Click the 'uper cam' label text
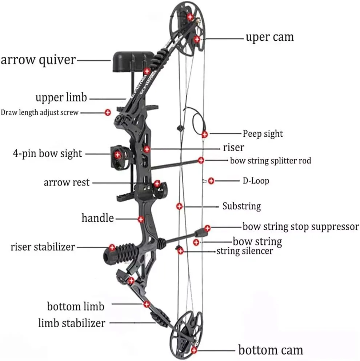pos(269,37)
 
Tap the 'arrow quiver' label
pos(38,60)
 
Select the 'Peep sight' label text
pos(263,134)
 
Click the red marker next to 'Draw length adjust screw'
pos(108,113)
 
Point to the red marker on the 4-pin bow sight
pos(117,155)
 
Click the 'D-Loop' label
pos(256,180)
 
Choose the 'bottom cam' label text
pos(271,350)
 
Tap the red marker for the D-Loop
pos(211,180)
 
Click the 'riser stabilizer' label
pos(43,247)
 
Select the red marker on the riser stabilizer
pos(112,248)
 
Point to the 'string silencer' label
pos(244,251)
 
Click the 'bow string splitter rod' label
pos(271,160)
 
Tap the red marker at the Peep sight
pos(205,135)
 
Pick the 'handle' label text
pos(97,218)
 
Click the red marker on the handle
pos(141,219)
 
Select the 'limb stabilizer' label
pos(72,322)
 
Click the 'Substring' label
pos(241,206)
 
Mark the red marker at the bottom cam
pos(194,350)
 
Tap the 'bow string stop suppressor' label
pos(301,227)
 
